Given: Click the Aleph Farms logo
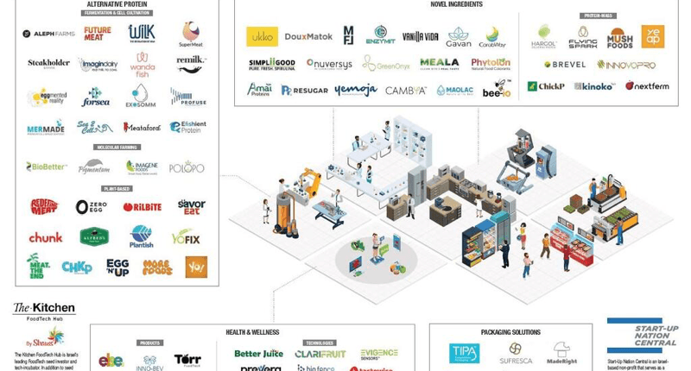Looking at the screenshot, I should coord(48,34).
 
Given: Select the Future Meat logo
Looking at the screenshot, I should coord(97,34).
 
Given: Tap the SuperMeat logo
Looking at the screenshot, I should coord(191,34).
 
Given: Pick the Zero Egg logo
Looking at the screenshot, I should coord(92,207).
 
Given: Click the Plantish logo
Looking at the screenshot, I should coord(142,236).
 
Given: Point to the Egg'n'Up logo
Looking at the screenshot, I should coord(117,267).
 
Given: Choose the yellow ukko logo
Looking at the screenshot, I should coord(260,36).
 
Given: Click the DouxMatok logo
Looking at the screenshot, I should coord(307,37).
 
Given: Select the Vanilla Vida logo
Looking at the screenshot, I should coord(421,37).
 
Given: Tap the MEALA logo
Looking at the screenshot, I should coord(439,63).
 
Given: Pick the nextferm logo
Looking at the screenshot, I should coord(647,86).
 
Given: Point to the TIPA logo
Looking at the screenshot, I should coord(464,353).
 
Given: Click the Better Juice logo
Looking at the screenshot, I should coord(258,354).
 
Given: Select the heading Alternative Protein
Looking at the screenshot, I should coord(117,5).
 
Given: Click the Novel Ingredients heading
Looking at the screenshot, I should coord(456,4).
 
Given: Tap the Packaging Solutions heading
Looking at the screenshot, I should coord(510,332).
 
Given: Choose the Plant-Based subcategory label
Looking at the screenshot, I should coord(117,188).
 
